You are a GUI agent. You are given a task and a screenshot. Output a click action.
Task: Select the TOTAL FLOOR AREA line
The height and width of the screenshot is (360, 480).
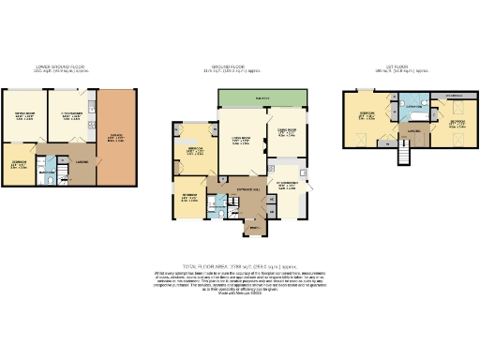pos(240,265)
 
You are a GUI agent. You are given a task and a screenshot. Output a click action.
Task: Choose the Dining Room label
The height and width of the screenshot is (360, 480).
pos(285,132)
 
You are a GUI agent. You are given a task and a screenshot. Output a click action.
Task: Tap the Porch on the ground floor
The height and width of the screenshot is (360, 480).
pos(251,226)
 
